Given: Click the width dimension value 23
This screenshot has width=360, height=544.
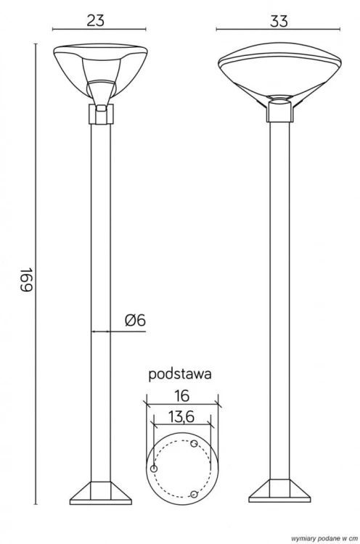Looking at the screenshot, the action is coord(96,20).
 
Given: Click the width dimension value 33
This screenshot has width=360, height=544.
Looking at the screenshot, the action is coord(279,22).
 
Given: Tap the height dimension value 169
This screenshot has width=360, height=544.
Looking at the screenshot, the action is coord(26,280).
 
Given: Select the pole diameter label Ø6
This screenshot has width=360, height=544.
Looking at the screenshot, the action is coord(136,320).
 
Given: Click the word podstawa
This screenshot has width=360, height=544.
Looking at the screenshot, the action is coord(180,374).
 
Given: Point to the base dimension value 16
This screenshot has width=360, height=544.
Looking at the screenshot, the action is coord(182,395).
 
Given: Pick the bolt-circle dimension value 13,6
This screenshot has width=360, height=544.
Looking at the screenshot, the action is coord(181,417).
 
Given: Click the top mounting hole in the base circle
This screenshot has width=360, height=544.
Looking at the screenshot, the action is coord(195,443).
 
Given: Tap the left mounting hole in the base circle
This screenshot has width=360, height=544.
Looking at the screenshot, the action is coord(154,469).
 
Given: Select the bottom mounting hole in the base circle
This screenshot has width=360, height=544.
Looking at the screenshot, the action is coord(195,494).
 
